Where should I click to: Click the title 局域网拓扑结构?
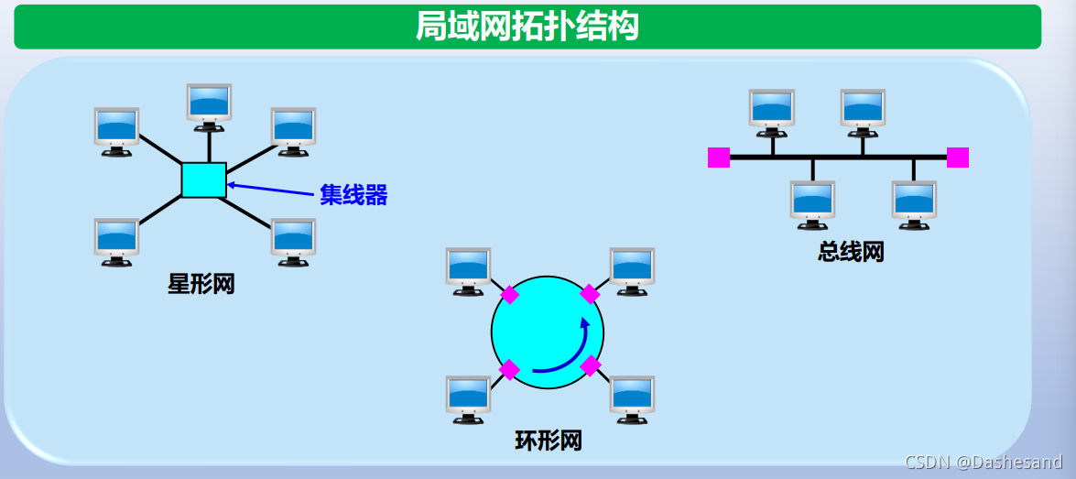coord(527,26)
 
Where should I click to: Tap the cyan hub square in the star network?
coord(203,180)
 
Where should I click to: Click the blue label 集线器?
coord(353,194)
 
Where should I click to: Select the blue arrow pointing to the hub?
coord(270,190)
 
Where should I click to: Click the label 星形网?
coord(201,284)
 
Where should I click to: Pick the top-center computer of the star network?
coord(210,103)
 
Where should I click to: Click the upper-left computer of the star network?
coord(116,130)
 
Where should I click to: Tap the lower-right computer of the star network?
coord(293,240)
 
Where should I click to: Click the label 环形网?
coord(548,441)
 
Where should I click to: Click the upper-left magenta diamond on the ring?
coord(509,295)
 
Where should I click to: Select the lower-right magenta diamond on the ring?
coord(591,366)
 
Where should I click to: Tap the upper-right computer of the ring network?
coord(632,270)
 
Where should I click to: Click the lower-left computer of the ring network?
coord(468,397)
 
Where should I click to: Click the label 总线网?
coord(851,252)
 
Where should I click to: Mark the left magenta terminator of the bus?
coord(719,158)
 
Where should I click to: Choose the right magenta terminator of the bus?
coord(957,158)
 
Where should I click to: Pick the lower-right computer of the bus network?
coord(914,202)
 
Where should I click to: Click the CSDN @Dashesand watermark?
coord(983,463)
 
